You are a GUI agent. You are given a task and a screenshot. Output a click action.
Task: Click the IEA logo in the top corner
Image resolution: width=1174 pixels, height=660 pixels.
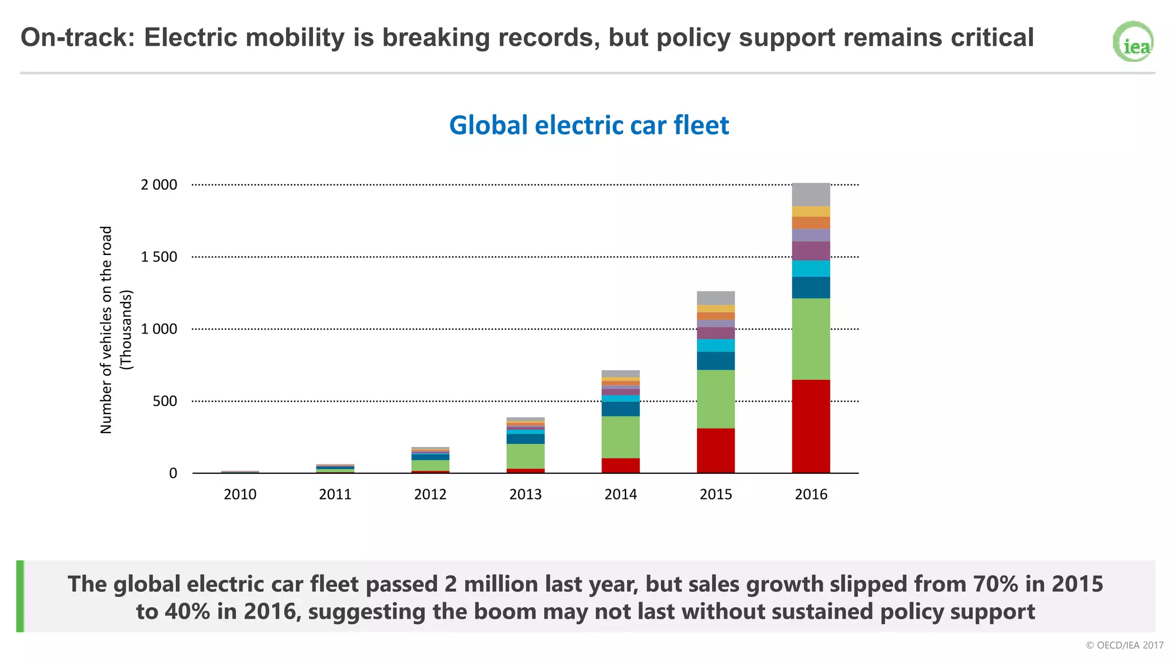click(x=1133, y=42)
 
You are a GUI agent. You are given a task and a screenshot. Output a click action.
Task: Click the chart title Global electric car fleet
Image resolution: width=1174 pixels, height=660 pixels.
click(x=589, y=125)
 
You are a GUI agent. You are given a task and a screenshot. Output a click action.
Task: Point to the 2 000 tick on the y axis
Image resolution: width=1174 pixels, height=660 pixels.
click(x=159, y=185)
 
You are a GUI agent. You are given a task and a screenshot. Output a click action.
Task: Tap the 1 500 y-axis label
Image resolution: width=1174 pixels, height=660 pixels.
click(x=159, y=257)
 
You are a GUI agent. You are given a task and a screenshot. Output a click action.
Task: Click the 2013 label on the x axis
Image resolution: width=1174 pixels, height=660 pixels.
click(x=525, y=494)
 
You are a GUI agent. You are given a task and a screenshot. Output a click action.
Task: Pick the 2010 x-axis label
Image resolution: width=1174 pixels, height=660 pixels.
click(x=240, y=494)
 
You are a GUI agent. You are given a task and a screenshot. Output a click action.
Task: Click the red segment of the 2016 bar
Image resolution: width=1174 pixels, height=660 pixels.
click(x=811, y=426)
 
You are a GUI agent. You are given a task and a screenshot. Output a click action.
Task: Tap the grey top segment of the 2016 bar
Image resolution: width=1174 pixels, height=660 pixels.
click(x=811, y=195)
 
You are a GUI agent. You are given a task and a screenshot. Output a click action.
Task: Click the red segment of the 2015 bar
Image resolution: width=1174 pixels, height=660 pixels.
click(x=715, y=450)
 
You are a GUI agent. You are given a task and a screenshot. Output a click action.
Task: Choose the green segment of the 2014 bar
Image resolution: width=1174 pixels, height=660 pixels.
click(x=620, y=437)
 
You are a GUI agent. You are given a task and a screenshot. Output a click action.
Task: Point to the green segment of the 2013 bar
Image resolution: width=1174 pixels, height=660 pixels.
click(x=525, y=456)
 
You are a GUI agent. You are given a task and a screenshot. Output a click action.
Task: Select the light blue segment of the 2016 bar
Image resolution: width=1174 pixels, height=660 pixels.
click(x=811, y=269)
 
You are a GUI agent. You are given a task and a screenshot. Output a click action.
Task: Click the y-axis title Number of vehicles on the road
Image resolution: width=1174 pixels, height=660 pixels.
click(x=107, y=330)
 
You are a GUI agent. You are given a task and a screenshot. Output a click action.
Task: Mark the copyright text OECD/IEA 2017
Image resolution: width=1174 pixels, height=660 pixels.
click(x=1124, y=645)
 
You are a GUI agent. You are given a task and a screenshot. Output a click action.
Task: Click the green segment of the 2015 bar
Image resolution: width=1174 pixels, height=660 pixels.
click(x=715, y=399)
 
